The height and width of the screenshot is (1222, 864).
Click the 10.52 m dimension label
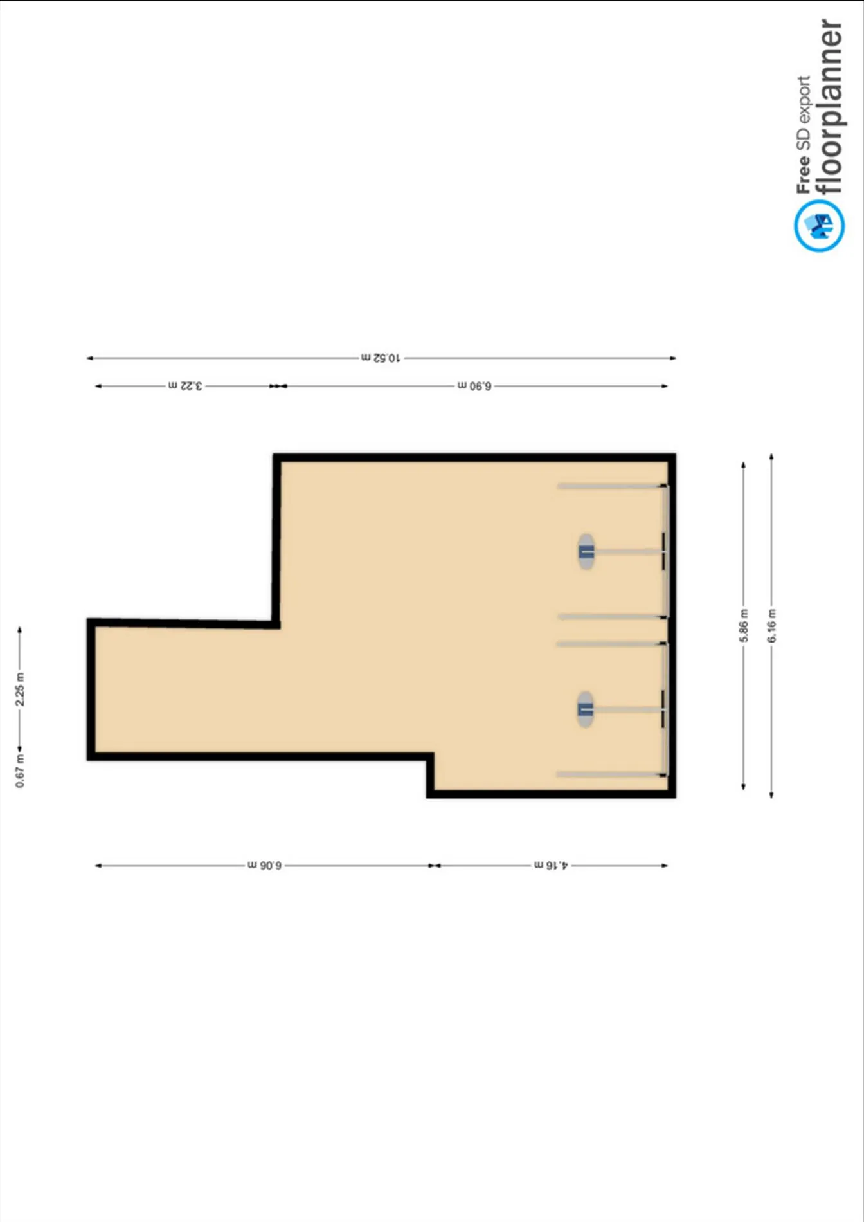[x=381, y=358]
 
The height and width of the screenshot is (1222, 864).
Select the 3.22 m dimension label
[x=185, y=386]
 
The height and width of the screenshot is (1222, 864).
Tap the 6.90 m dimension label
[x=474, y=386]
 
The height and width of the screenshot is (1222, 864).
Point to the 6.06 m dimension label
[x=264, y=866]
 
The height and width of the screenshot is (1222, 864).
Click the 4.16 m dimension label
[x=551, y=866]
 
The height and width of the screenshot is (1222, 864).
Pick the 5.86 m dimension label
[x=744, y=626]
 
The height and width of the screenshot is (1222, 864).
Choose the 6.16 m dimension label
[x=771, y=626]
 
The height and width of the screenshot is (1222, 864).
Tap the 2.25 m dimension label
[x=20, y=689]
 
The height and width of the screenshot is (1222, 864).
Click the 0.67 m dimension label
[x=20, y=771]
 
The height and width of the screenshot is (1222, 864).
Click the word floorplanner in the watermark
[x=830, y=106]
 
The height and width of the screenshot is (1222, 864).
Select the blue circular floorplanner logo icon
[x=819, y=225]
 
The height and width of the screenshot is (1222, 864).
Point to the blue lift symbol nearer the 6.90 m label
[x=586, y=551]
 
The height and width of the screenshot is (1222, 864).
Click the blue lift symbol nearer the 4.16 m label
[x=585, y=709]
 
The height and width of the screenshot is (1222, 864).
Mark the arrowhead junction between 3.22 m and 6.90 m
[x=278, y=386]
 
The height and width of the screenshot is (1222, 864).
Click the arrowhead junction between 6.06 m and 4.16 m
[x=435, y=866]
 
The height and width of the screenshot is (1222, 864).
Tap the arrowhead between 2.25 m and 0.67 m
[x=20, y=749]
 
